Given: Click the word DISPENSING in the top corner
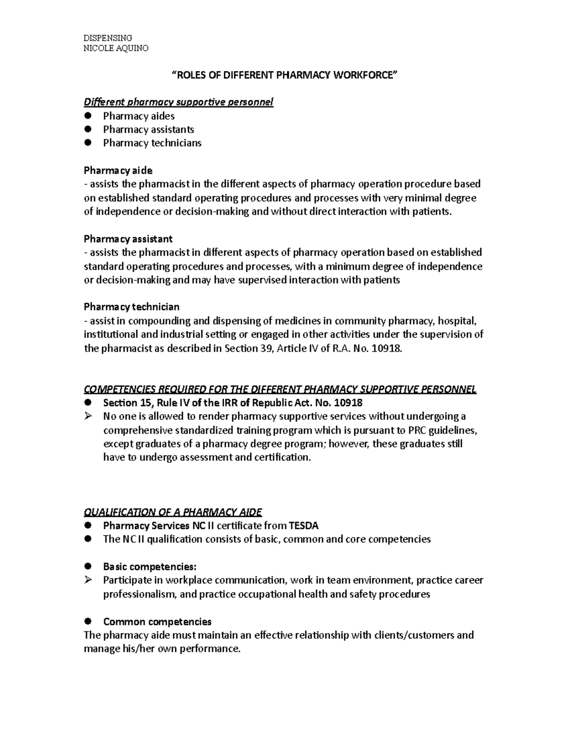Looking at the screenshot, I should point(107,38).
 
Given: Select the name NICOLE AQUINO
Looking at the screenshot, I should point(116,48).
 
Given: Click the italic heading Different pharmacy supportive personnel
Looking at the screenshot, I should point(179,102).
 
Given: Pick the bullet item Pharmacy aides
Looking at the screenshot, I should point(139,116).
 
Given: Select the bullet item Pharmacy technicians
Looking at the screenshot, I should point(152,143).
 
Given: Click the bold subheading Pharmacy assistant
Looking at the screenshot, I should point(128,239).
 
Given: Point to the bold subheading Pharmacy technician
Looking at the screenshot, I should point(132,307).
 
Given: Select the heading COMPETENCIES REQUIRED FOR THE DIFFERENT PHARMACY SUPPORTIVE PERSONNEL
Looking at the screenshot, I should point(280,389).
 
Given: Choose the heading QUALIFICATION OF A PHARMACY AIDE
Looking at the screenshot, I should point(173,512).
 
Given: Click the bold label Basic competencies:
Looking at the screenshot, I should point(149,567).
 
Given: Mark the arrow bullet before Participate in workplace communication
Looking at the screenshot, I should point(88,581).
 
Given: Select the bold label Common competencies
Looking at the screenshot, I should point(157,621).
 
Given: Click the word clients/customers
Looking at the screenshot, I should point(414,635).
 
